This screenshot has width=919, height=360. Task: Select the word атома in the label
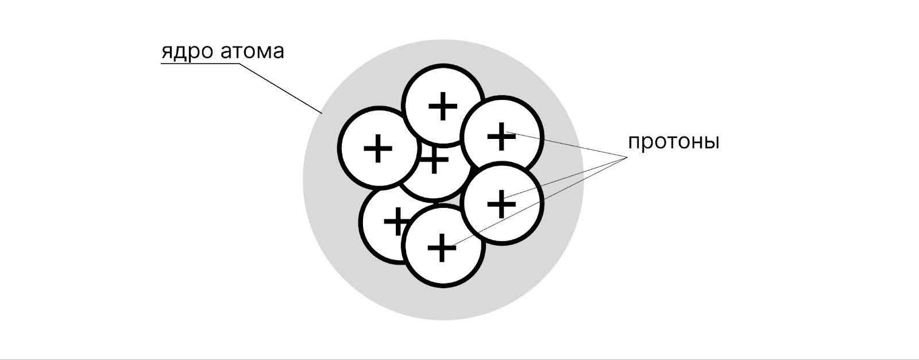tap(253, 52)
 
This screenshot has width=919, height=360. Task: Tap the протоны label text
tap(673, 142)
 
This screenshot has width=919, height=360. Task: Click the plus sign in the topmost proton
tap(443, 106)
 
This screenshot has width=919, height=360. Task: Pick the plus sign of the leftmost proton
tap(378, 149)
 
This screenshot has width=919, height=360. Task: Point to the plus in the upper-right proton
tap(501, 137)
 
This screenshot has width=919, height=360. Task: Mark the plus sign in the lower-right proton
tap(501, 204)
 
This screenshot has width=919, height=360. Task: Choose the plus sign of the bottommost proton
tap(442, 247)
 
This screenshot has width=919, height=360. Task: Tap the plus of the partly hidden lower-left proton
tap(395, 222)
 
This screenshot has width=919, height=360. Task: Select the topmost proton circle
tap(443, 86)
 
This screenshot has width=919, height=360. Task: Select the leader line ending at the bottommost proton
tap(540, 202)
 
